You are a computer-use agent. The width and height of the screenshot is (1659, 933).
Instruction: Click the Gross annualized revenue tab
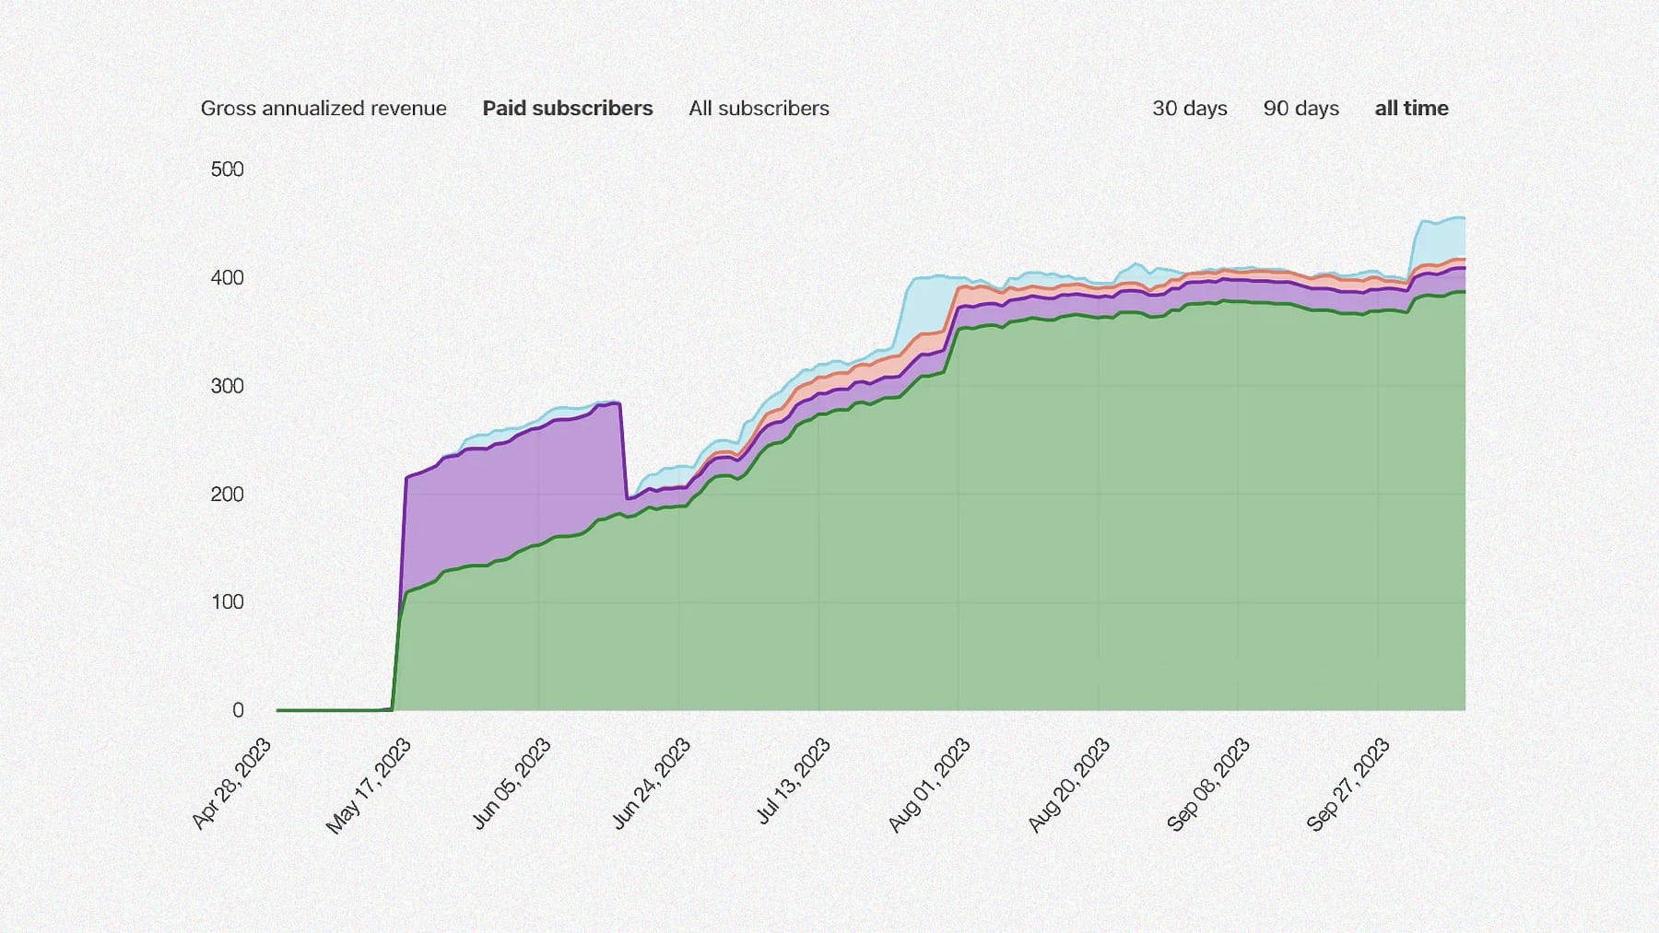coord(324,109)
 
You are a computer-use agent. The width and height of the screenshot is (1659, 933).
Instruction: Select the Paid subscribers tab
coord(568,109)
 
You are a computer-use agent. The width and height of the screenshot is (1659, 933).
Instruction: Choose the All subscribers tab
coord(759,109)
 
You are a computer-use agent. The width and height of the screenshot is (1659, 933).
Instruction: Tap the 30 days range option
coord(1189,109)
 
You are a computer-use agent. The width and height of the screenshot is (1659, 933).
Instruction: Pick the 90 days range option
coord(1300,109)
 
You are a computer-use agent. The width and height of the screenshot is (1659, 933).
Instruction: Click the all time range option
coord(1411,109)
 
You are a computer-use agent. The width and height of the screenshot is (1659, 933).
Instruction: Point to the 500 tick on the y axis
coord(227,169)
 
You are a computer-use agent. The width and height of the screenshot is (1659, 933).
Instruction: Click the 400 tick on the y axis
coord(227,278)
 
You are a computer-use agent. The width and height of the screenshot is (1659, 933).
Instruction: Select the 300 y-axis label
coord(227,386)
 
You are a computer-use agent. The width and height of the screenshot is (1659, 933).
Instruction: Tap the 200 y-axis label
coord(227,495)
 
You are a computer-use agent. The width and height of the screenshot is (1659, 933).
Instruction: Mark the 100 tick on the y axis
coord(227,602)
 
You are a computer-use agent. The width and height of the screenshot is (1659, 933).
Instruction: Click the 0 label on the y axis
coord(238,710)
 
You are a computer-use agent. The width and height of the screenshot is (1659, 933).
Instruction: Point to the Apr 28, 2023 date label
coord(232,784)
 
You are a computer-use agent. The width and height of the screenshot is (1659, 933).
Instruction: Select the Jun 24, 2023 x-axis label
coord(652,784)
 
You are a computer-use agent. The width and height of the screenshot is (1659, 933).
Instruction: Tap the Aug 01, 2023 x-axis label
coord(930,786)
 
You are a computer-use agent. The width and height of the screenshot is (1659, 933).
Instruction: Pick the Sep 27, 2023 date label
coord(1348,785)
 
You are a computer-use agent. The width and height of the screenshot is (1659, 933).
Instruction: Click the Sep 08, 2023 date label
coord(1208,785)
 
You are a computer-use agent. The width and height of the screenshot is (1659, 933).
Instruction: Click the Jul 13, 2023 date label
coord(794,781)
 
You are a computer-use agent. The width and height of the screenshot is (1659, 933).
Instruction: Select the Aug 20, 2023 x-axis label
coord(1069,786)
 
